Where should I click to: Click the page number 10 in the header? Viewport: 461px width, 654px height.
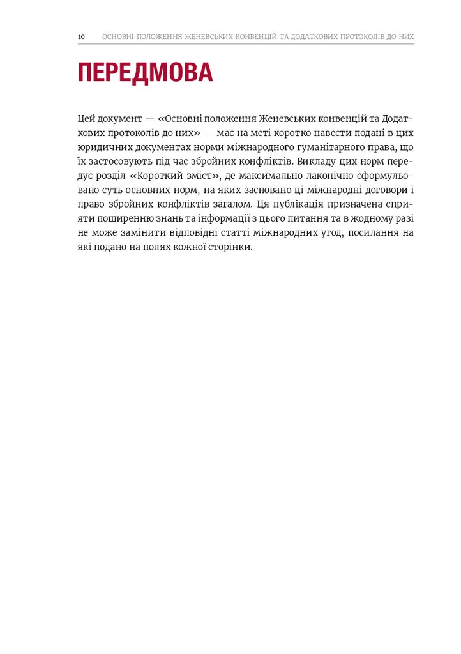point(81,37)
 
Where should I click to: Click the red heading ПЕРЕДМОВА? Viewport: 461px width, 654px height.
point(145,73)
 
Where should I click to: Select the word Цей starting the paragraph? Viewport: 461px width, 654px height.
point(86,119)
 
